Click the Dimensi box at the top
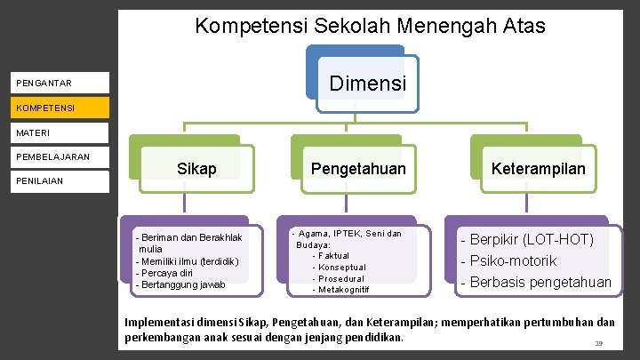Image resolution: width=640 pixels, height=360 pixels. [x=367, y=84]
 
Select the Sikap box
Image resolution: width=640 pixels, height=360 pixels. [x=196, y=168]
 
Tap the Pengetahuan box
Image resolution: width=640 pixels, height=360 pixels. [x=357, y=168]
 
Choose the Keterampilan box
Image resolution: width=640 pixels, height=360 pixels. [x=539, y=168]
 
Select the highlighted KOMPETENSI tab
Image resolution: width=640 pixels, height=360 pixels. [x=53, y=108]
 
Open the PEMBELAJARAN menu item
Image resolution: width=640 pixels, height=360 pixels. [x=52, y=156]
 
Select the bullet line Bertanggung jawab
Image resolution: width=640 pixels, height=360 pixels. [x=180, y=284]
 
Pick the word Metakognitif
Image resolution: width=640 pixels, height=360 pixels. [x=343, y=290]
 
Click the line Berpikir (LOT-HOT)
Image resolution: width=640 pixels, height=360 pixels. [x=526, y=239]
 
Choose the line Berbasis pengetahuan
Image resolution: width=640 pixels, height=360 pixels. [x=535, y=283]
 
